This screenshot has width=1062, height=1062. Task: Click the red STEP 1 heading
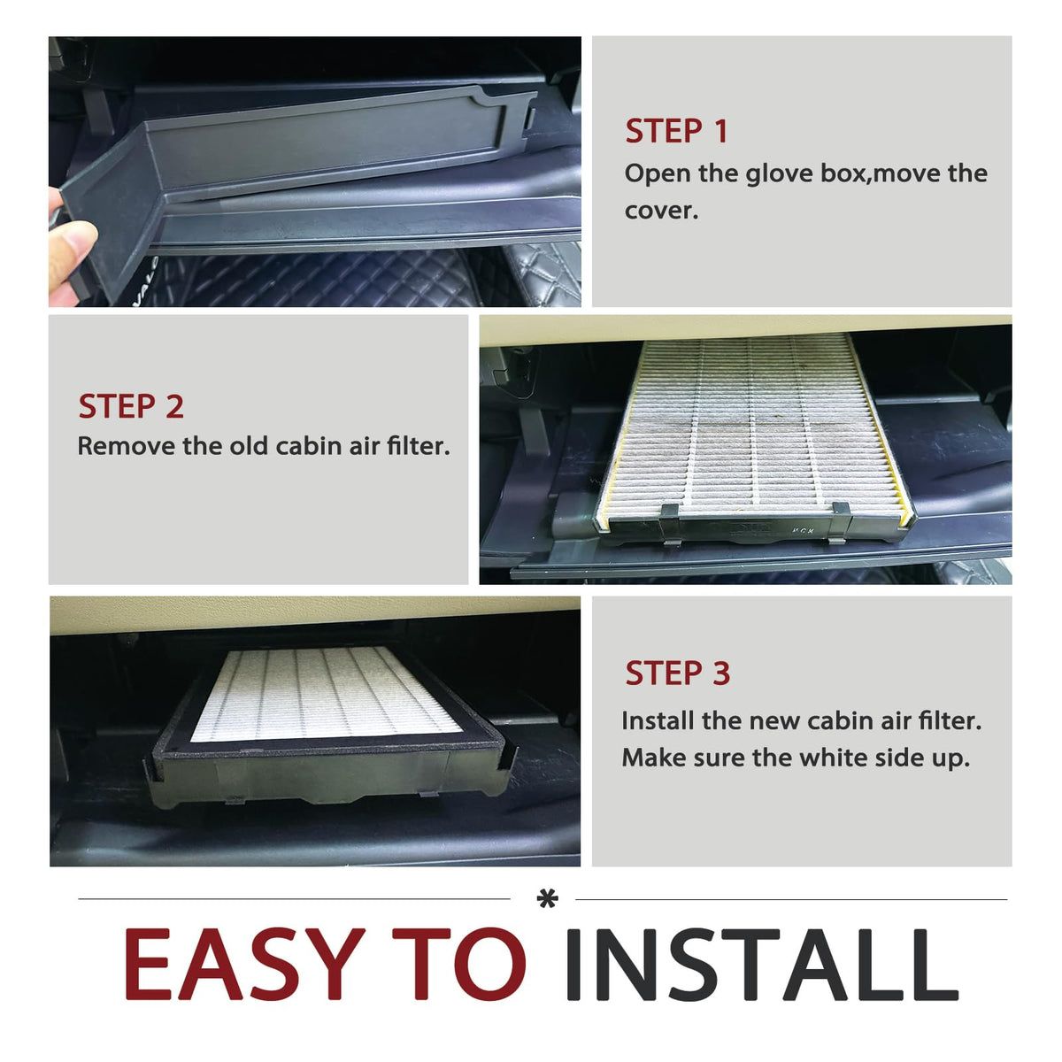(676, 132)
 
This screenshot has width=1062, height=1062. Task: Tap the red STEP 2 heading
(131, 407)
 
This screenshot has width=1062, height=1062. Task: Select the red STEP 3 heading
(677, 673)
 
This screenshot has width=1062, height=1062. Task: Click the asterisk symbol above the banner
(547, 899)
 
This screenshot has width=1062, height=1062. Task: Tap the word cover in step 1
(661, 211)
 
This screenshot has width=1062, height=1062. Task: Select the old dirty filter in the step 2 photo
(754, 435)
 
